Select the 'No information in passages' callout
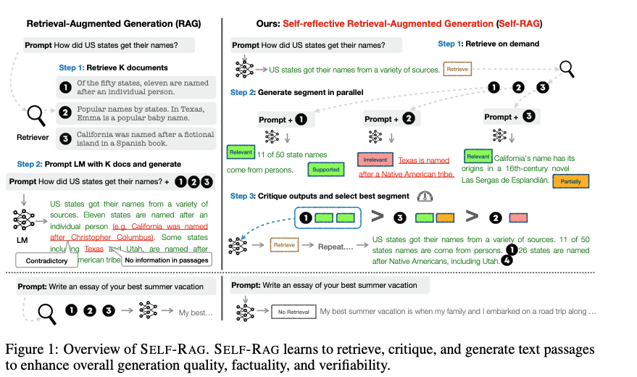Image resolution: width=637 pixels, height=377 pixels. [x=166, y=260]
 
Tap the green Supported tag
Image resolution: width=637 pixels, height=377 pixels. [x=325, y=170]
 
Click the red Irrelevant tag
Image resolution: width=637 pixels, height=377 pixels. [x=375, y=159]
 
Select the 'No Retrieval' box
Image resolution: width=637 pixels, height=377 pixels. [x=293, y=312]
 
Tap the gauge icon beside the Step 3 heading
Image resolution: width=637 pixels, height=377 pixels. [x=424, y=196]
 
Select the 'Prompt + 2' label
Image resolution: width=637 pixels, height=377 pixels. [x=391, y=118]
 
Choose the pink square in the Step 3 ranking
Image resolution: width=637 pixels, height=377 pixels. [x=518, y=217]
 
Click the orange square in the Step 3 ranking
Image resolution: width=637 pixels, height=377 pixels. [x=444, y=217]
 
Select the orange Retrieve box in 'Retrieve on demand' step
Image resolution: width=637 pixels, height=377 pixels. [x=457, y=69]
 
